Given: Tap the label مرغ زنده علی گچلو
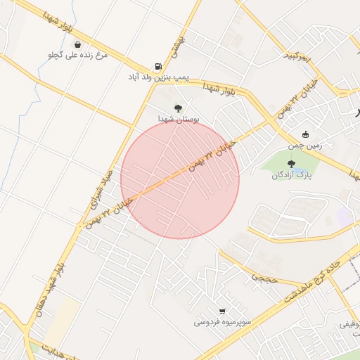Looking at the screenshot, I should (x=77, y=55).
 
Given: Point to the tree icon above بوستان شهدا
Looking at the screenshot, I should (x=178, y=108).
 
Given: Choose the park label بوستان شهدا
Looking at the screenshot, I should (x=179, y=120).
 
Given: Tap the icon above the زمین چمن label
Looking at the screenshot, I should (x=305, y=135).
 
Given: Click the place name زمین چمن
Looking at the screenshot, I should (x=305, y=146).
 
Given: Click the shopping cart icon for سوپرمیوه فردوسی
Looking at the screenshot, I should (x=222, y=311).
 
